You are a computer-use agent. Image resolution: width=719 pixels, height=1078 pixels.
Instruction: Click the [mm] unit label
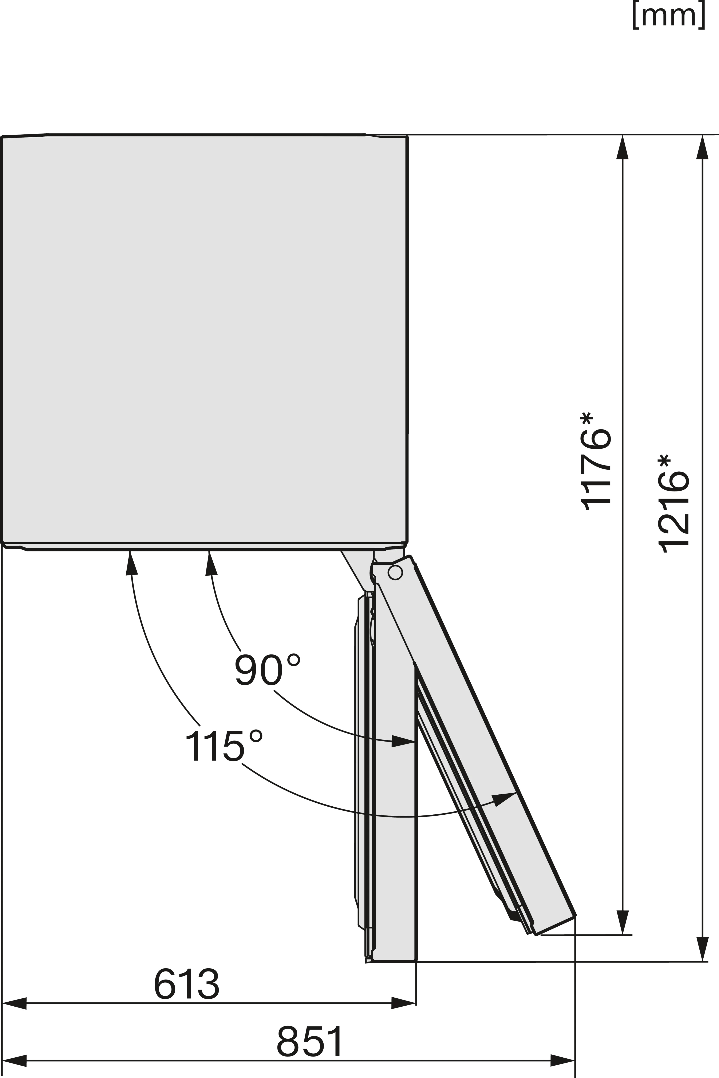click(x=669, y=15)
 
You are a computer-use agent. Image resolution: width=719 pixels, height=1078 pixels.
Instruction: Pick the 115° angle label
click(x=224, y=746)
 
